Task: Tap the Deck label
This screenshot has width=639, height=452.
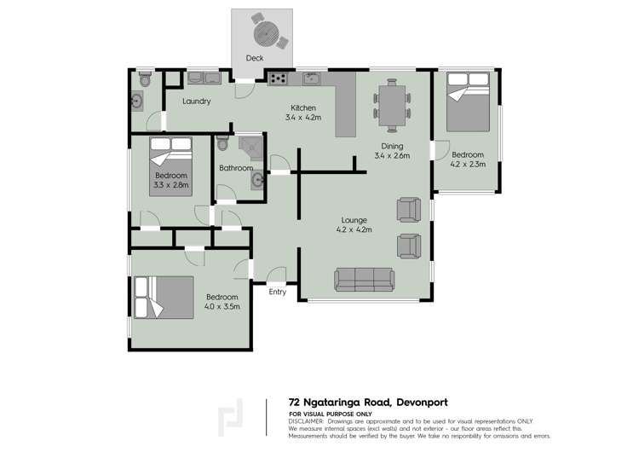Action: coord(254,58)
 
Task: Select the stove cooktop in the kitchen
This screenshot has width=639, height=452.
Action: coord(278,79)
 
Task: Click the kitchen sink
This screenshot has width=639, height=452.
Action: coord(311,79)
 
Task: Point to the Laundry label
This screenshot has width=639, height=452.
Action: coord(196,101)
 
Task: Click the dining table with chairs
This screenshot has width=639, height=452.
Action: coord(392,105)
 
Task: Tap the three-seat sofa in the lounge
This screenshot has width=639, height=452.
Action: coord(364,278)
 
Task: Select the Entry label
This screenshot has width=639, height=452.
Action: coord(278,293)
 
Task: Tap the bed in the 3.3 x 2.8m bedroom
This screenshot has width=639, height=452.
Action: coord(170,166)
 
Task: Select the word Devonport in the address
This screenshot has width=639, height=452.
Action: coord(414,402)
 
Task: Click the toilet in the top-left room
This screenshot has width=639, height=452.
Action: coord(145,79)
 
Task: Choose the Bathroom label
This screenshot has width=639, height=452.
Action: coord(236,168)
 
